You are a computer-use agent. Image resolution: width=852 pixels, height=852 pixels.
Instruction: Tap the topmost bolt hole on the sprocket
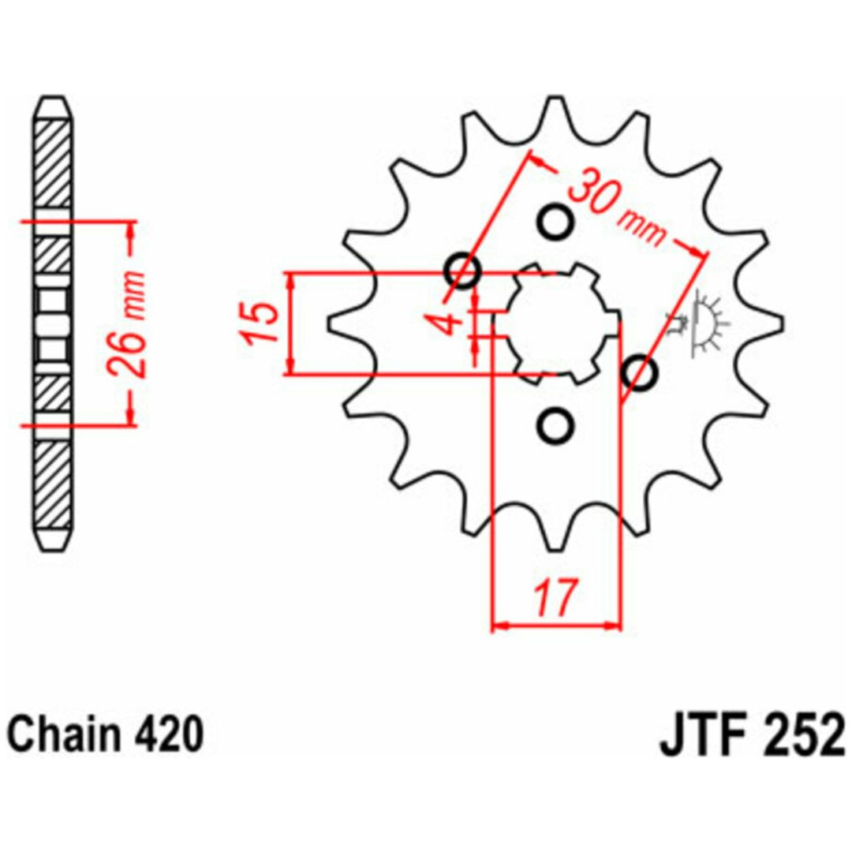point(555,222)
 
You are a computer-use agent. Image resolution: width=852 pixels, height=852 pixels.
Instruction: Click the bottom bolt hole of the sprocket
point(555,424)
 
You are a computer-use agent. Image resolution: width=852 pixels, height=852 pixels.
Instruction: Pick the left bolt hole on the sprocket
point(462,270)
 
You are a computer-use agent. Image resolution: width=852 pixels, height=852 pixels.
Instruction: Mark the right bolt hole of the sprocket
point(640,372)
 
